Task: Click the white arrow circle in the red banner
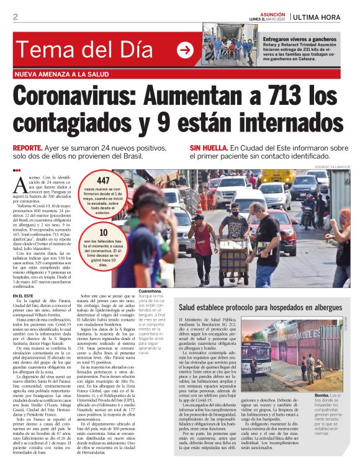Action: [184, 50]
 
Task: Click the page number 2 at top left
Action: [15, 17]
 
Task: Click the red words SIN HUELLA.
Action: [208, 149]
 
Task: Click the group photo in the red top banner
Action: [229, 45]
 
